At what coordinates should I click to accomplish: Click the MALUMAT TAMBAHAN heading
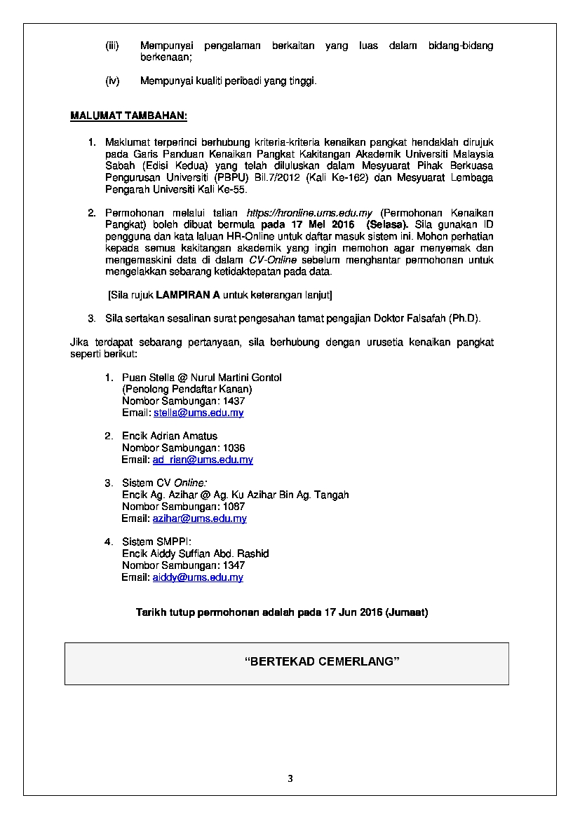[x=128, y=116]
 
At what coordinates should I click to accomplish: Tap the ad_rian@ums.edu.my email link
[x=203, y=460]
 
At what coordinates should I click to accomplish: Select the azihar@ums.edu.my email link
[x=199, y=518]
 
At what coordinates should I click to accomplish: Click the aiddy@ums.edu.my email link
[x=198, y=577]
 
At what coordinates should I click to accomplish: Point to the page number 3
[x=290, y=778]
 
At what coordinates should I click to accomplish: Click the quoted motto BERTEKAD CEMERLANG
[x=322, y=661]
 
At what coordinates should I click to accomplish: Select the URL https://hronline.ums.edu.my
[x=309, y=213]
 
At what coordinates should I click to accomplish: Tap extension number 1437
[x=234, y=401]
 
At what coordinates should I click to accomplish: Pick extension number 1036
[x=234, y=448]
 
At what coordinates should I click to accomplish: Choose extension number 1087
[x=234, y=507]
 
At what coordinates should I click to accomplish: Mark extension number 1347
[x=234, y=565]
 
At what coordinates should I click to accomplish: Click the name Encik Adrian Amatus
[x=170, y=436]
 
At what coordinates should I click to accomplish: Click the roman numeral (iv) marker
[x=112, y=81]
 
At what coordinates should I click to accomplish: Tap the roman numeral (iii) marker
[x=112, y=46]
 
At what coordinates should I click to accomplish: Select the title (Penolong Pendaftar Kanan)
[x=187, y=389]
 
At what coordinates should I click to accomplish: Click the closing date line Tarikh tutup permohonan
[x=281, y=612]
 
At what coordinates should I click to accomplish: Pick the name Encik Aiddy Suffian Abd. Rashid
[x=196, y=553]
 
